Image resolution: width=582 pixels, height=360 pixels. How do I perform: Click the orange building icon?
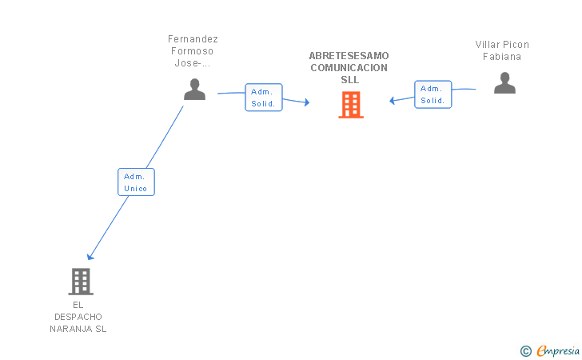tap(350, 105)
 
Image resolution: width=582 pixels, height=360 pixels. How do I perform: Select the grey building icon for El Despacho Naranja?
tap(81, 282)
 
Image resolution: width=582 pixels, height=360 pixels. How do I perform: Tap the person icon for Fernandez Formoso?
tap(194, 90)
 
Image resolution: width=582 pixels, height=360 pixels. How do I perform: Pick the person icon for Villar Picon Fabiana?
tap(504, 83)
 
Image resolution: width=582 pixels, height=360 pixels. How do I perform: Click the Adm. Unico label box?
tap(136, 182)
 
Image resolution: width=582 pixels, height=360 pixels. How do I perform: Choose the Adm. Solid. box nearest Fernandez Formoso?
tap(263, 98)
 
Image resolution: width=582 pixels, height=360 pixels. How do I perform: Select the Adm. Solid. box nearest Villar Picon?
tap(433, 94)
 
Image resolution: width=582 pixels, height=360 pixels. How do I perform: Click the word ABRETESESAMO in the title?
tap(349, 56)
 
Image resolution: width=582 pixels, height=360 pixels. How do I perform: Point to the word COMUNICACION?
tap(349, 68)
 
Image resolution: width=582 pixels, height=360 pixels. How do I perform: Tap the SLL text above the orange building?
tap(349, 80)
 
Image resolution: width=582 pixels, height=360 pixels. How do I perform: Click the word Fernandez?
tap(193, 39)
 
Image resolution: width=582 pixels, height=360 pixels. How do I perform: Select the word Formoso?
tap(193, 51)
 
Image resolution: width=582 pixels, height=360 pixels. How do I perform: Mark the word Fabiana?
tap(502, 57)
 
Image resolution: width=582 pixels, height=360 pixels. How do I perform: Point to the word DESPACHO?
tap(77, 317)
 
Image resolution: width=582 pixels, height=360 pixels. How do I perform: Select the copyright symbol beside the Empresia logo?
tap(525, 350)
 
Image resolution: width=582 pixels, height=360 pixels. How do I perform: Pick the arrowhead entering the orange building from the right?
tap(393, 101)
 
